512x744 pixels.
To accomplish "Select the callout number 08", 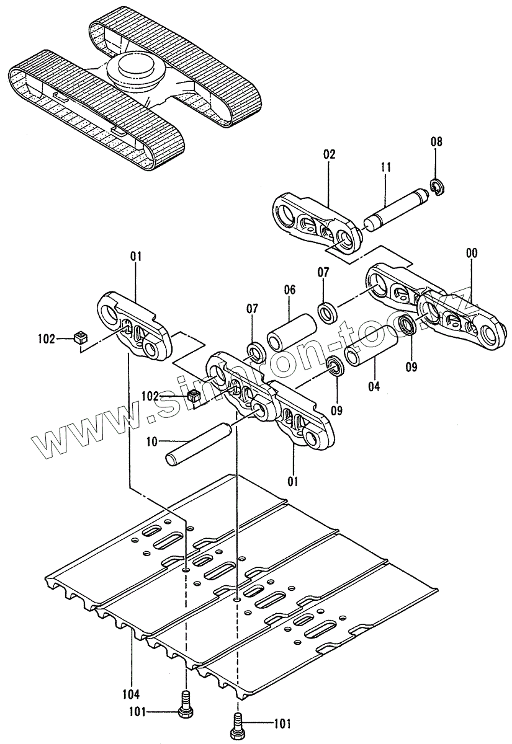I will coord(437,142).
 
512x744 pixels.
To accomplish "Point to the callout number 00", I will coord(472,253).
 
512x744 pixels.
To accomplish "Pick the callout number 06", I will coord(290,290).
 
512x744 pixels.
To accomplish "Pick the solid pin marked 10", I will coord(197,442).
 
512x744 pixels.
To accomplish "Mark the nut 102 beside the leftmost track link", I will coord(79,338).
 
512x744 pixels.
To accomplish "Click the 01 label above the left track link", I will coord(136,256).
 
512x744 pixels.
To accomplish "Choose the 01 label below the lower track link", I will coord(293,480).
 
